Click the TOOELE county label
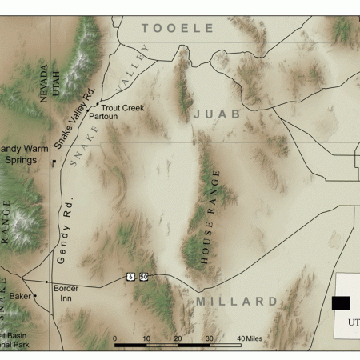(x=178, y=28)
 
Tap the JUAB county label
(x=216, y=115)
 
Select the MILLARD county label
(x=237, y=302)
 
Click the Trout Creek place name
(x=122, y=107)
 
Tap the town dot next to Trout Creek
(x=98, y=105)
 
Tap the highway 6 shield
(x=130, y=276)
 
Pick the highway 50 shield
(x=143, y=276)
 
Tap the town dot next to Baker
(x=35, y=296)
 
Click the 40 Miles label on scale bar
(x=249, y=338)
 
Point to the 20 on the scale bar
(x=178, y=338)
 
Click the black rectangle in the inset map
(x=341, y=302)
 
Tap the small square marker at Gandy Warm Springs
(x=54, y=162)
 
